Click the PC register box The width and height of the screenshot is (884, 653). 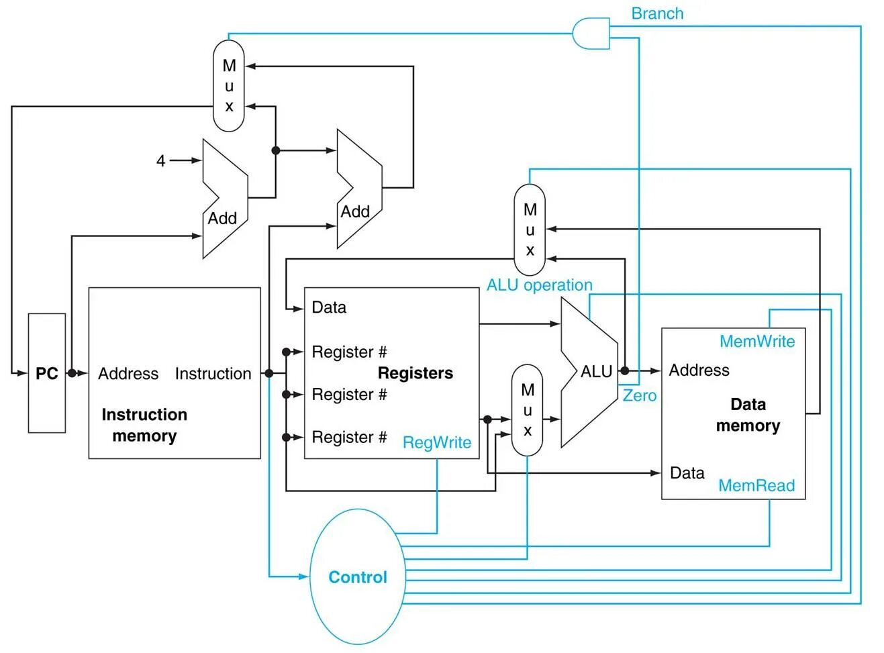46,373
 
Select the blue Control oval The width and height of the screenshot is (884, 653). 358,576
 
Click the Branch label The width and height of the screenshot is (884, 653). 657,13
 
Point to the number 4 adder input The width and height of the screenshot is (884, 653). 161,161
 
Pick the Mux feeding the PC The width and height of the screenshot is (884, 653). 229,86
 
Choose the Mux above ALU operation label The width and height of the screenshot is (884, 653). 530,230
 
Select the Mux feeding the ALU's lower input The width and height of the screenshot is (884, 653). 527,410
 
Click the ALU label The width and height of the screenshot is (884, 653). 596,371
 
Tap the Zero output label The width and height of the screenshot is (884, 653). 639,396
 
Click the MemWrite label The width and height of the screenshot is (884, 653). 756,342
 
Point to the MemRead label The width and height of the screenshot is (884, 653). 756,485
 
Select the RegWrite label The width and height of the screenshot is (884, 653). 437,442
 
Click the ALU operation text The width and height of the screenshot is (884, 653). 539,285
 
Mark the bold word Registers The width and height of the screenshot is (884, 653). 415,373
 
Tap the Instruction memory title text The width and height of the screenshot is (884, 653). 144,425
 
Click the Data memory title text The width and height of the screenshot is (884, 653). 748,415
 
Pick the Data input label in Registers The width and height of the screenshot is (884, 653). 329,307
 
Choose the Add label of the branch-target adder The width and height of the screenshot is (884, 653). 355,212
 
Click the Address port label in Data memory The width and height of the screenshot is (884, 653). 699,370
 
